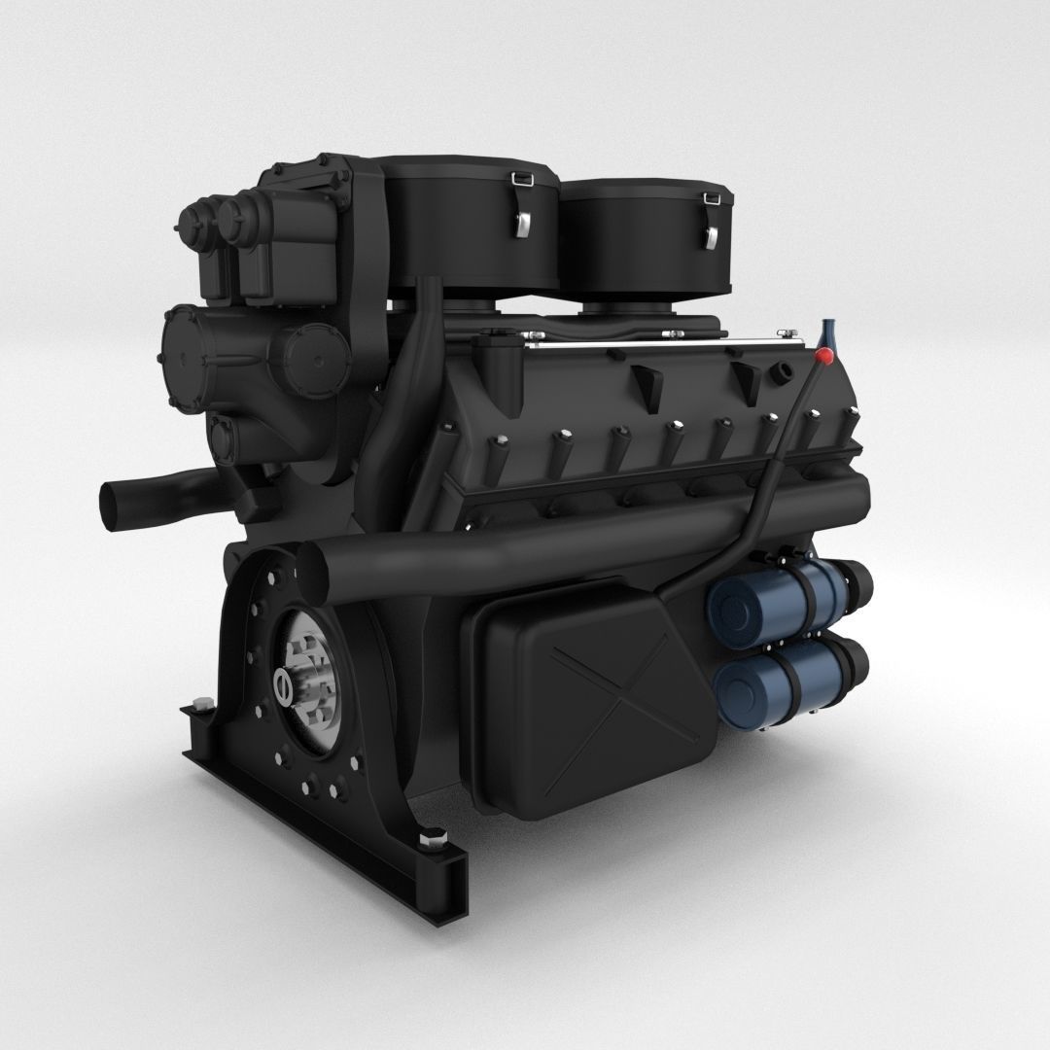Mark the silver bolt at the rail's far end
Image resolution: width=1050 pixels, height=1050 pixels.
[202, 707]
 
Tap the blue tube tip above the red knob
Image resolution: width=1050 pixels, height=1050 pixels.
[828, 331]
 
